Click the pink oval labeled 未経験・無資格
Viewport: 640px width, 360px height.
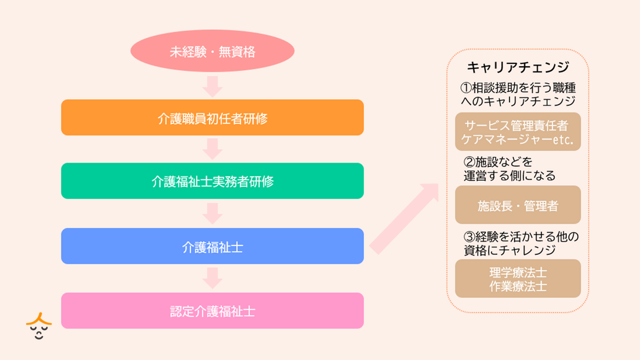pos(212,52)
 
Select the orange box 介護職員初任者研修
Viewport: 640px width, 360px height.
pos(212,117)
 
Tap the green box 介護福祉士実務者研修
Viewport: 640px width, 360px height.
pos(212,181)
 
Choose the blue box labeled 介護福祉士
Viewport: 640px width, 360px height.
pos(212,246)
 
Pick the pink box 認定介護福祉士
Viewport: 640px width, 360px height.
pos(212,310)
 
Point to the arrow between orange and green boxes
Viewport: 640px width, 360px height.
pos(212,149)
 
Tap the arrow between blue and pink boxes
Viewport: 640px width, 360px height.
pos(212,278)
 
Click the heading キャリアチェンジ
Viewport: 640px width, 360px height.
pos(518,68)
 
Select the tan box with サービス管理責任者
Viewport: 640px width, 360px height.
pos(518,132)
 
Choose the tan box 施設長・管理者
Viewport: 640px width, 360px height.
pos(518,205)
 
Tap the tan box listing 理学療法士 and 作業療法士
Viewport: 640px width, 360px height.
pos(518,278)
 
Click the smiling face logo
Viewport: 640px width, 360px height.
pos(38,326)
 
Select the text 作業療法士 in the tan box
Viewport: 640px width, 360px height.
pos(518,286)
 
